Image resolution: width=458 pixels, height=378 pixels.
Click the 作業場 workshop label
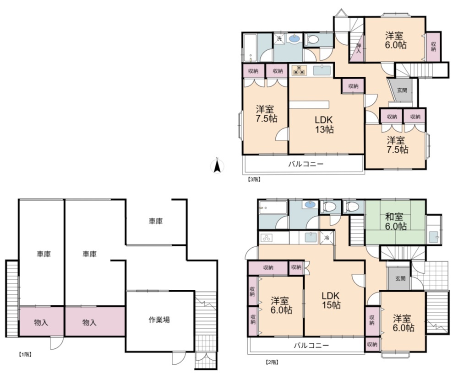click(x=159, y=319)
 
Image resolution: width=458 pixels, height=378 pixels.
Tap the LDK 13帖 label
click(x=324, y=124)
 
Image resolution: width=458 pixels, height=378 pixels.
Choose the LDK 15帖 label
click(x=331, y=300)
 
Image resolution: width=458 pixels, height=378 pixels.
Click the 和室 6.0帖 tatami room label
click(x=396, y=222)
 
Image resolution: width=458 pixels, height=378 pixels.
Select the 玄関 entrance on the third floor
click(x=402, y=90)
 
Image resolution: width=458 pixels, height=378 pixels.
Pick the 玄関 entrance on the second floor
click(x=400, y=278)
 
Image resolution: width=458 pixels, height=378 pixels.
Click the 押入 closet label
click(x=359, y=48)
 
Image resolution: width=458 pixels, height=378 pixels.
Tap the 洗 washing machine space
click(x=279, y=38)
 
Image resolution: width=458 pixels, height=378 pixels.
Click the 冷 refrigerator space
click(x=327, y=238)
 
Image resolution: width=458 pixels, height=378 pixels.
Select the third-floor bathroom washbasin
click(x=294, y=38)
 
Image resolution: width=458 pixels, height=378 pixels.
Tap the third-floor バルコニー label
click(x=306, y=164)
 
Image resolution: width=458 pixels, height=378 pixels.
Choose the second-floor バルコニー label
click(x=311, y=346)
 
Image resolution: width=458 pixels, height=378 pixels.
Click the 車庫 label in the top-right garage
click(x=155, y=221)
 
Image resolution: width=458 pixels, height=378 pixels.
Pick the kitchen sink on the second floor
click(x=311, y=237)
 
